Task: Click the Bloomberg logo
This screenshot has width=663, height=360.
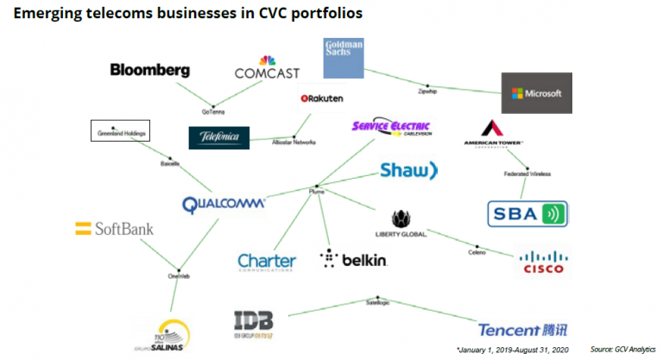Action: click(x=148, y=69)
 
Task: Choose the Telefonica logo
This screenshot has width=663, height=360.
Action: click(x=218, y=137)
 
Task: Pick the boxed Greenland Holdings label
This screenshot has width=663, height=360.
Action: click(x=121, y=131)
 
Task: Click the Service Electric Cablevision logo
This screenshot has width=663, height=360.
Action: click(x=391, y=127)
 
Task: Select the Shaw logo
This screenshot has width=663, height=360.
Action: click(x=409, y=170)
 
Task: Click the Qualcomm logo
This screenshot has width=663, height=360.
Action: click(x=224, y=205)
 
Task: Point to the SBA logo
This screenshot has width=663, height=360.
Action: click(x=527, y=212)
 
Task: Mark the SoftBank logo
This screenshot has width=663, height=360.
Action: click(x=114, y=229)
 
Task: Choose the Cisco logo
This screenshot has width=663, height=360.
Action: click(x=542, y=262)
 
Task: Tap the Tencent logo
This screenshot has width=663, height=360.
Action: click(x=525, y=329)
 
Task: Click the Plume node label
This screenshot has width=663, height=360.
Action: click(x=316, y=193)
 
